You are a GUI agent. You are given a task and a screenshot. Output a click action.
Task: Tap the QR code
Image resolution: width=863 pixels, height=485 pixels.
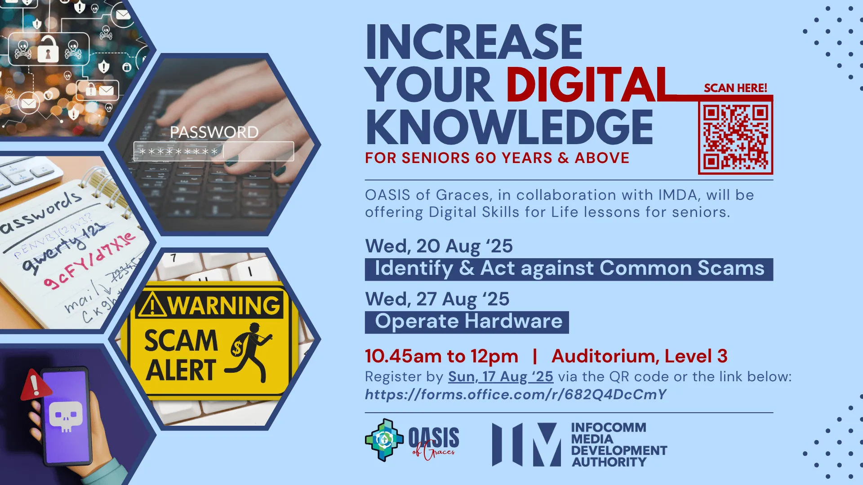735,137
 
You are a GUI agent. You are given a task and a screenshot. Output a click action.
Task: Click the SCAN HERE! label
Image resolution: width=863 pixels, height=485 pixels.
735,88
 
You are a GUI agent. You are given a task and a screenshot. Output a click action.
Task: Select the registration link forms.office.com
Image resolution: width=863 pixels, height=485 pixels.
516,394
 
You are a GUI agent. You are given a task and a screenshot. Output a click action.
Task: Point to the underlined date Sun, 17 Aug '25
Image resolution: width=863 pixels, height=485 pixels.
500,376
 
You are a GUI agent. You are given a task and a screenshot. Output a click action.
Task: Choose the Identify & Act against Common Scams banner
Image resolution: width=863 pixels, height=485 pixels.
569,269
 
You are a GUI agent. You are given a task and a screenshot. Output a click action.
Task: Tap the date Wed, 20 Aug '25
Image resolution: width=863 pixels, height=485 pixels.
439,246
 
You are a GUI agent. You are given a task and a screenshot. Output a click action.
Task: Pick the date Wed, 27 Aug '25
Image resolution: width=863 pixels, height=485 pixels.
437,299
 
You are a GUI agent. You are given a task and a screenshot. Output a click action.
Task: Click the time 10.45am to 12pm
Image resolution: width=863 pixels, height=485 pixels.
441,356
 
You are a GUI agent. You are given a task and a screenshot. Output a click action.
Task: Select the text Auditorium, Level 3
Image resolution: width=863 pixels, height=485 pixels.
639,356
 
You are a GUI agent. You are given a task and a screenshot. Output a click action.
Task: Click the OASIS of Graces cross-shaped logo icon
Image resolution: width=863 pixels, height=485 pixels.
384,440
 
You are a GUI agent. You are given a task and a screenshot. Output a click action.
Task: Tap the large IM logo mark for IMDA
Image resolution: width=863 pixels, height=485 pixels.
526,444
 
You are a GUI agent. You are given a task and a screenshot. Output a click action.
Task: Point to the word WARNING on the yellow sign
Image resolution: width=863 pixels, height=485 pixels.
223,305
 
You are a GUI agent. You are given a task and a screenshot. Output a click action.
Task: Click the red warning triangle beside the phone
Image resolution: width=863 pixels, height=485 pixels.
34,385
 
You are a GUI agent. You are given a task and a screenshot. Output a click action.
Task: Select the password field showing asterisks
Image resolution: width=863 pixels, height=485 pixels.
214,151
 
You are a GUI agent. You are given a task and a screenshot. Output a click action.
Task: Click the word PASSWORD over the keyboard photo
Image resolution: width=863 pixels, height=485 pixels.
214,132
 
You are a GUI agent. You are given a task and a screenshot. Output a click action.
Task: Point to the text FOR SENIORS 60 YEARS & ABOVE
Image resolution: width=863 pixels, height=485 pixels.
497,158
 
